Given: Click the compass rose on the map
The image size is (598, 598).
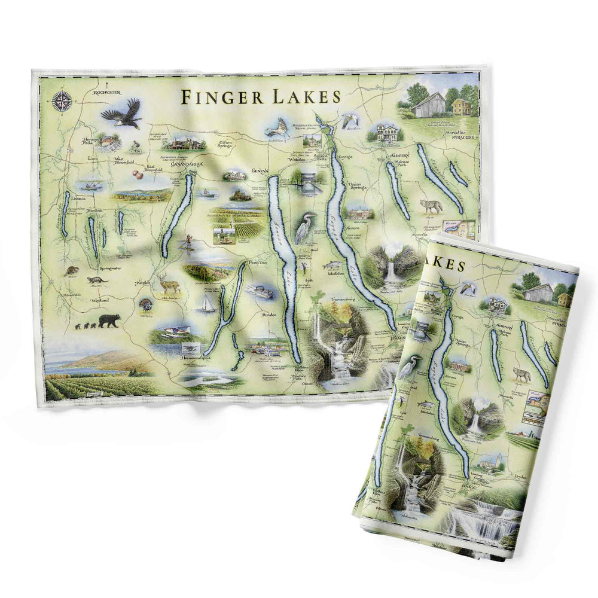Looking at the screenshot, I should click(62, 101).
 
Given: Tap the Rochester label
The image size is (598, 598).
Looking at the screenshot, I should click(108, 92).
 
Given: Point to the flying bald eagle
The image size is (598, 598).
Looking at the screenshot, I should click(123, 114).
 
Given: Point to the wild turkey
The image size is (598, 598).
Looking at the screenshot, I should click(146, 304).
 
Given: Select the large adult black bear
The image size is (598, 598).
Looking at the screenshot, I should click(109, 321).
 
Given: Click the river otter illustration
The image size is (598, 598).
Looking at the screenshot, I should click(96, 280).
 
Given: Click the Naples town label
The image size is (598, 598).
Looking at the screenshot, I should click(142, 282).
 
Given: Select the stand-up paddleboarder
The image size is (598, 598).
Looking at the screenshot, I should click(188, 240).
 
